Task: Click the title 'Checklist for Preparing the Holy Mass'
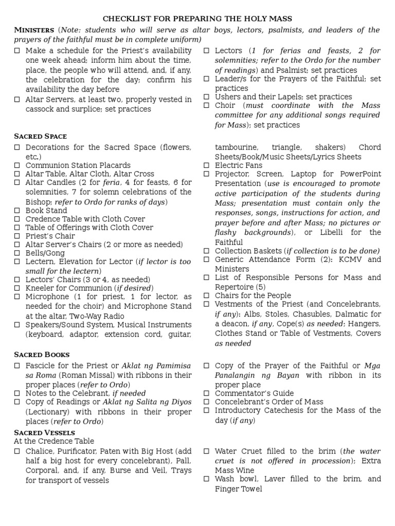tap(197, 18)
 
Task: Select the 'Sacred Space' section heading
tap(41, 136)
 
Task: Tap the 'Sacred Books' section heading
tap(42, 354)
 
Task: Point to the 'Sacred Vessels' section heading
tap(45, 433)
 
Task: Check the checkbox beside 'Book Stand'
tap(17, 211)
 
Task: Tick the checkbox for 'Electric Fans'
tap(206, 166)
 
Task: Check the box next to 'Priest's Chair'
tap(17, 236)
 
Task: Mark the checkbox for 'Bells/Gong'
tap(17, 253)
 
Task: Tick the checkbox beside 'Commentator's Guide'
tap(206, 393)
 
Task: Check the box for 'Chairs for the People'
tap(206, 296)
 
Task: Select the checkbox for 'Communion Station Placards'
tap(17, 165)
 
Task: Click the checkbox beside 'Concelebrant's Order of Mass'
tap(206, 402)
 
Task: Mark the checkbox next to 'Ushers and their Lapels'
tap(206, 97)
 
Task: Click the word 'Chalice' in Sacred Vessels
tap(39, 451)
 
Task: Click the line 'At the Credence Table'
tap(54, 441)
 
